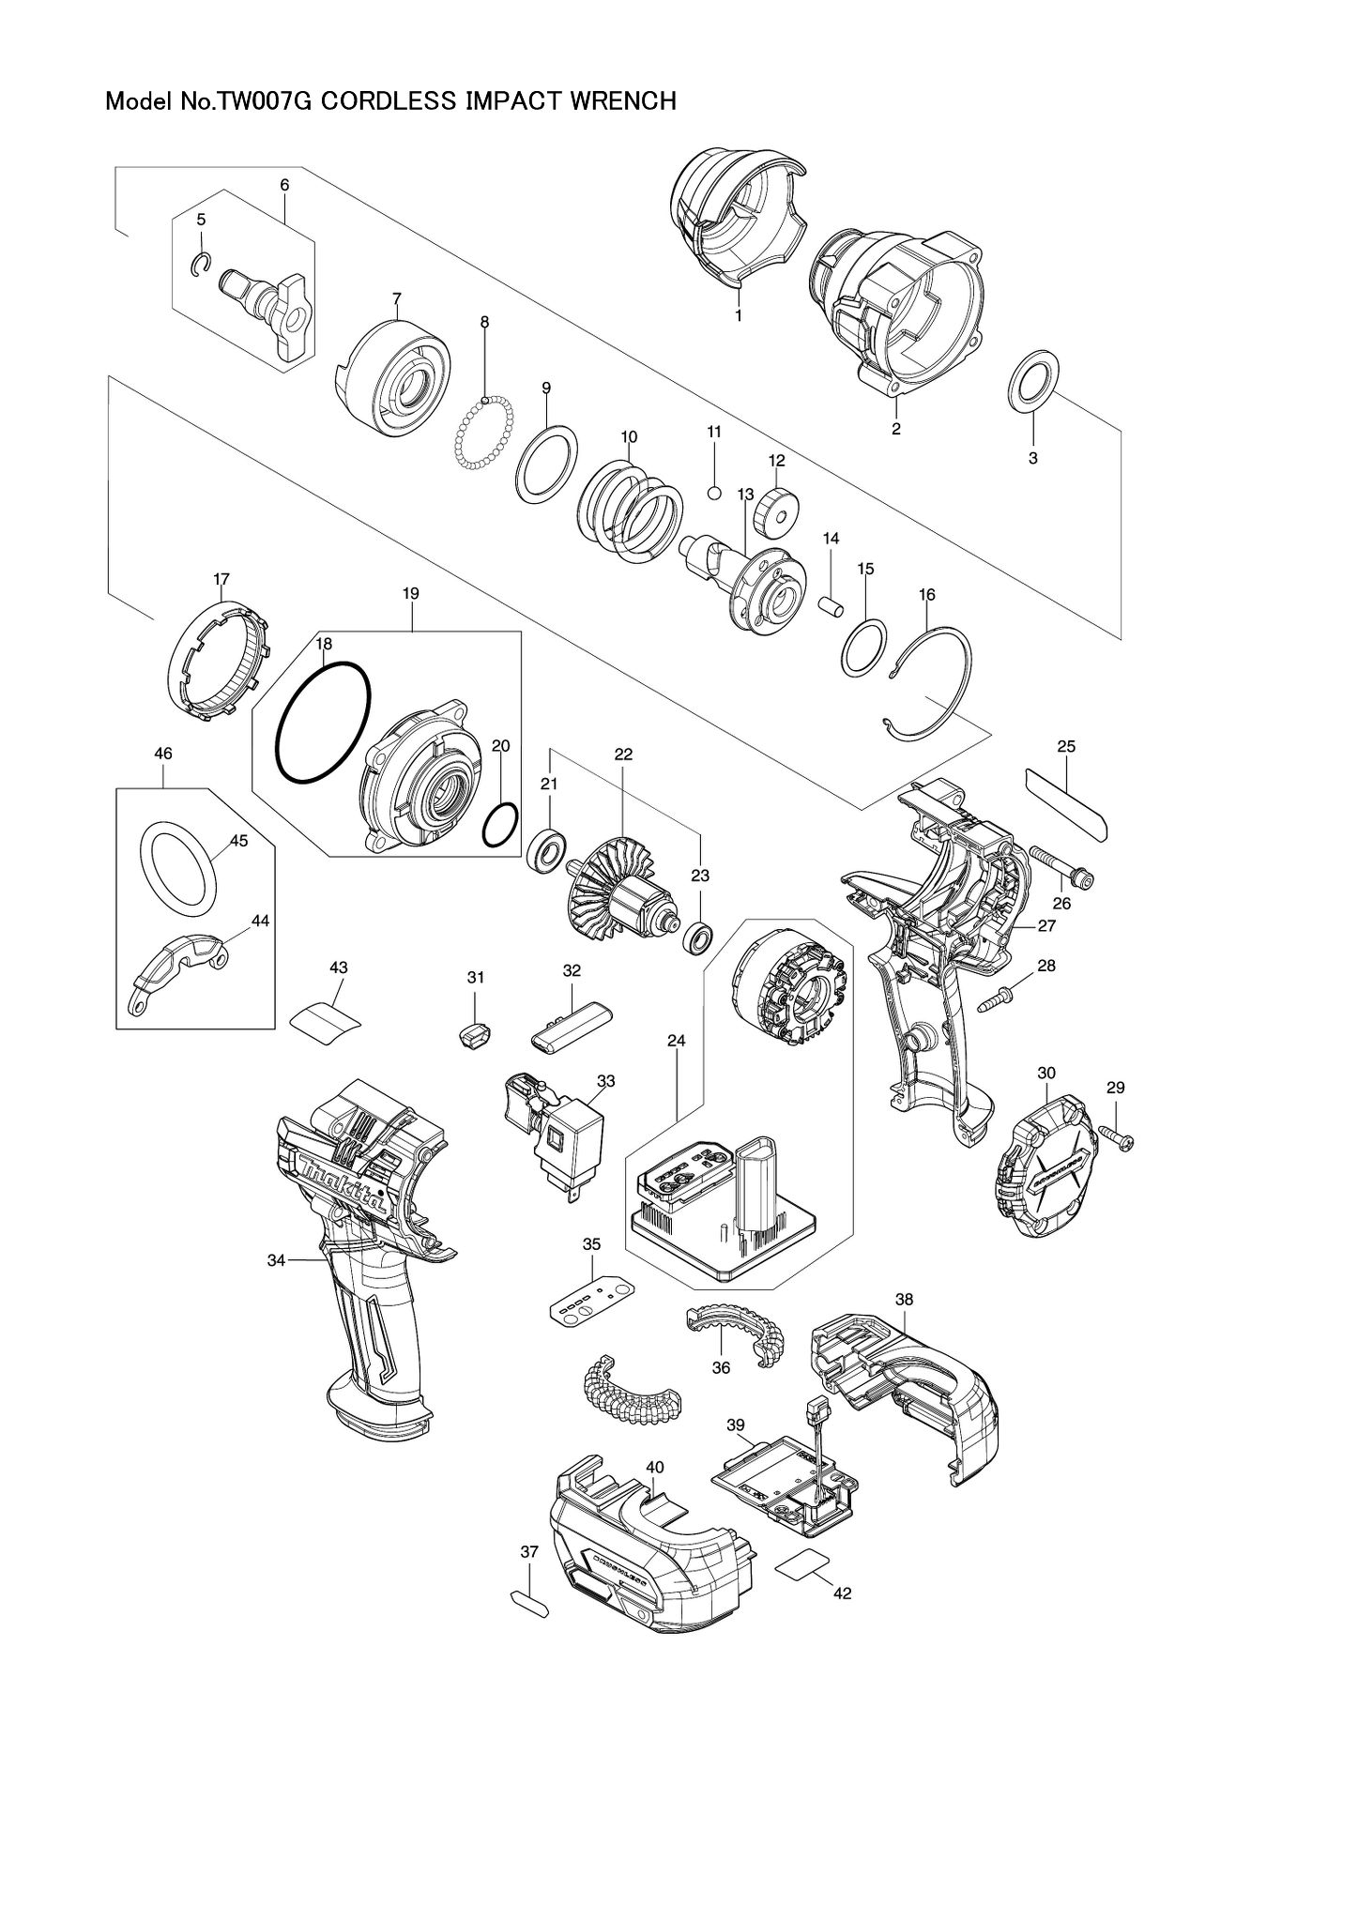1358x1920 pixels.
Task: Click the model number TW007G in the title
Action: click(267, 101)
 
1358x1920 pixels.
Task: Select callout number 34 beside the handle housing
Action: click(276, 1260)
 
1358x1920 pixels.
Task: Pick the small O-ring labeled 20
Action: click(500, 825)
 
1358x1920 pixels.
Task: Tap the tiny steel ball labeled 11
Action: click(714, 491)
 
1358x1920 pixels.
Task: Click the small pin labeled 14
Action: click(831, 601)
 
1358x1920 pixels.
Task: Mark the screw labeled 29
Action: click(1117, 1137)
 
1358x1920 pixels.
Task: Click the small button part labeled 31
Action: click(475, 1038)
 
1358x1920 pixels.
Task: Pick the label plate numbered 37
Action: click(528, 1601)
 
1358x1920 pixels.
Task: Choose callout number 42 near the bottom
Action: click(842, 1593)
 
